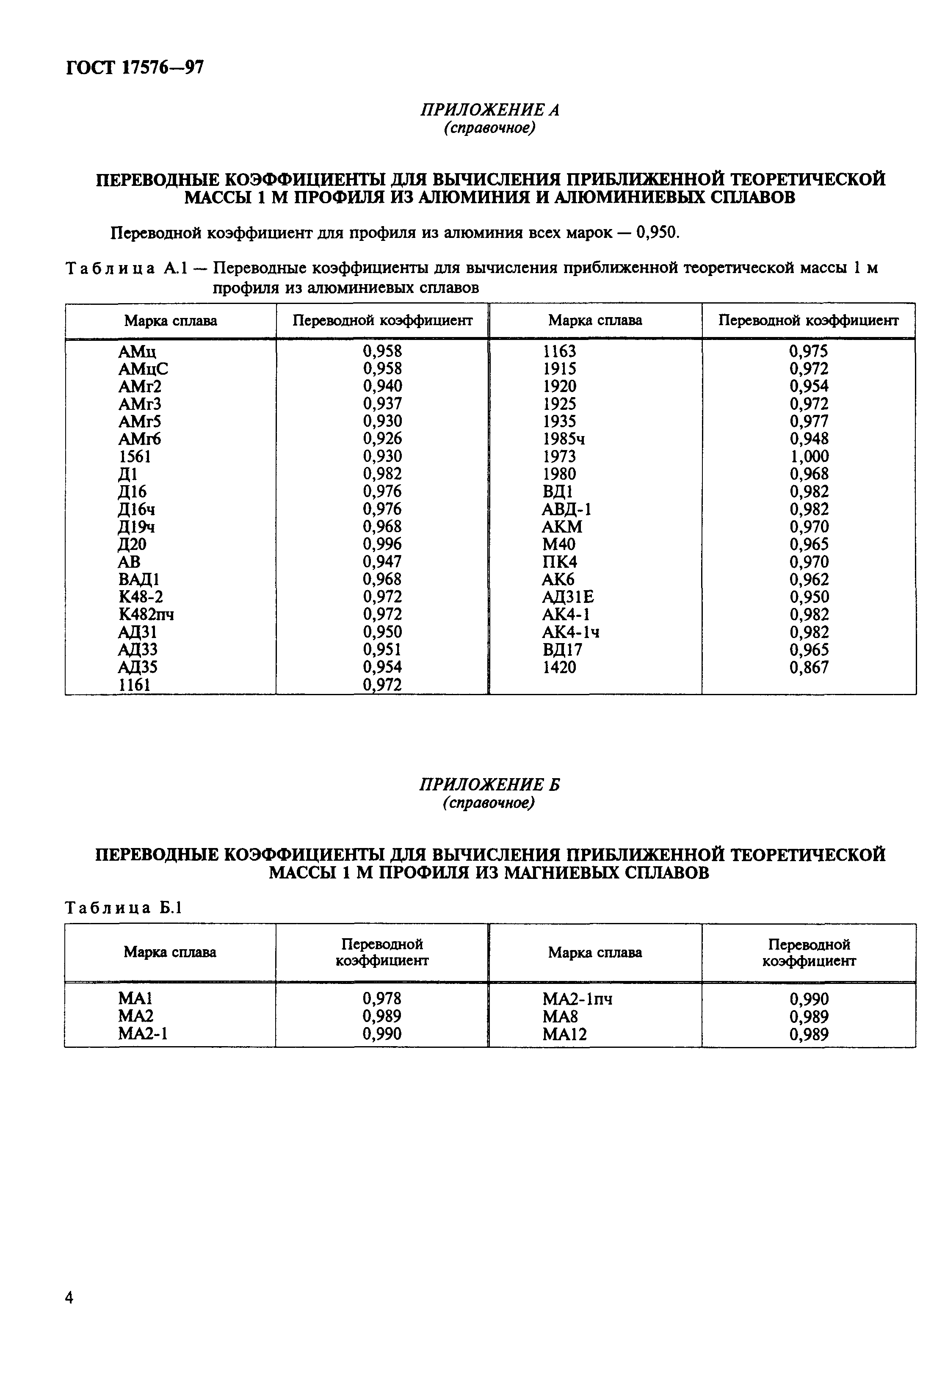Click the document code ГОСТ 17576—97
click(135, 68)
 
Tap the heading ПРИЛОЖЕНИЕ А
click(489, 110)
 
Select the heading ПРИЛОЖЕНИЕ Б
click(489, 785)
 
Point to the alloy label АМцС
click(143, 369)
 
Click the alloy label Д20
click(132, 544)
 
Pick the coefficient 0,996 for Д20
click(382, 544)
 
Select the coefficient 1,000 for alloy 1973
click(809, 457)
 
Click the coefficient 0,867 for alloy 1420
click(809, 668)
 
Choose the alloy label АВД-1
click(566, 510)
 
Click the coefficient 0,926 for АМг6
click(382, 439)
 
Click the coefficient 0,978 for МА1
click(382, 998)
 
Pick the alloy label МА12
click(564, 1034)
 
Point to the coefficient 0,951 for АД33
click(382, 650)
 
